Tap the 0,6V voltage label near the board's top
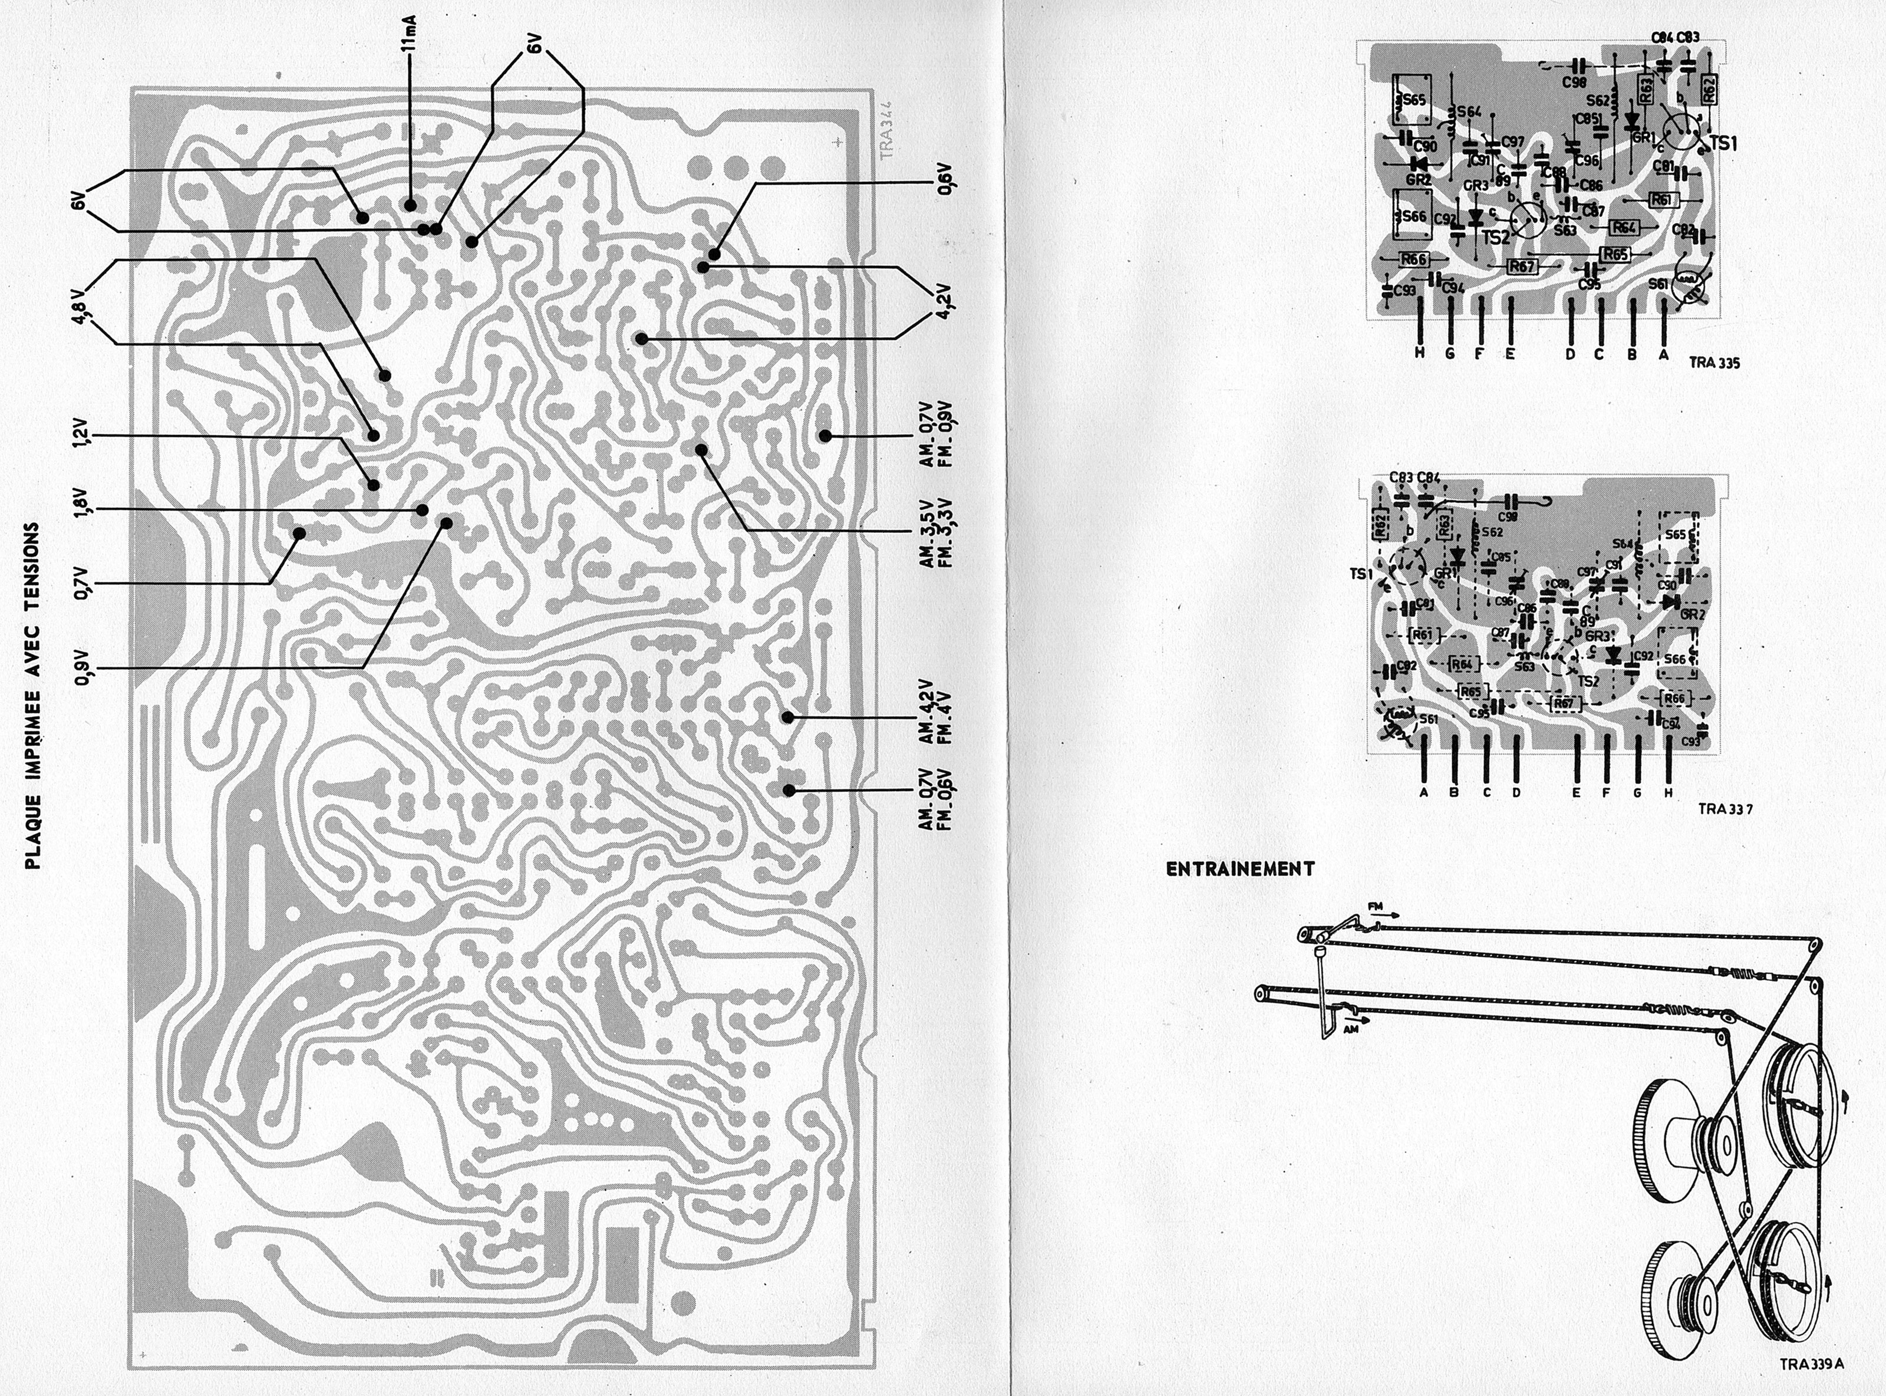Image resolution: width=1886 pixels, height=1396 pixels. pyautogui.click(x=945, y=183)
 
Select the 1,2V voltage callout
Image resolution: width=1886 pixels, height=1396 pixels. pyautogui.click(x=81, y=436)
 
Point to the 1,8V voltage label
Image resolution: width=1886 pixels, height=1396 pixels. pyautogui.click(x=81, y=509)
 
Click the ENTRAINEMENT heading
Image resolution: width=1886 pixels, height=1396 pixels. pyautogui.click(x=1240, y=870)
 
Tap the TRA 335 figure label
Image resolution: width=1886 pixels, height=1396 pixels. pyautogui.click(x=1714, y=363)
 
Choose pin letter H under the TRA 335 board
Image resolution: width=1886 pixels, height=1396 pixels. pyautogui.click(x=1420, y=355)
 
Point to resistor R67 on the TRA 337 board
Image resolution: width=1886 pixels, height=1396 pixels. pyautogui.click(x=1565, y=703)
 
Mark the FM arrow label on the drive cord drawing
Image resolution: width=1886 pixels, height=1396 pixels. pyautogui.click(x=1373, y=906)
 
